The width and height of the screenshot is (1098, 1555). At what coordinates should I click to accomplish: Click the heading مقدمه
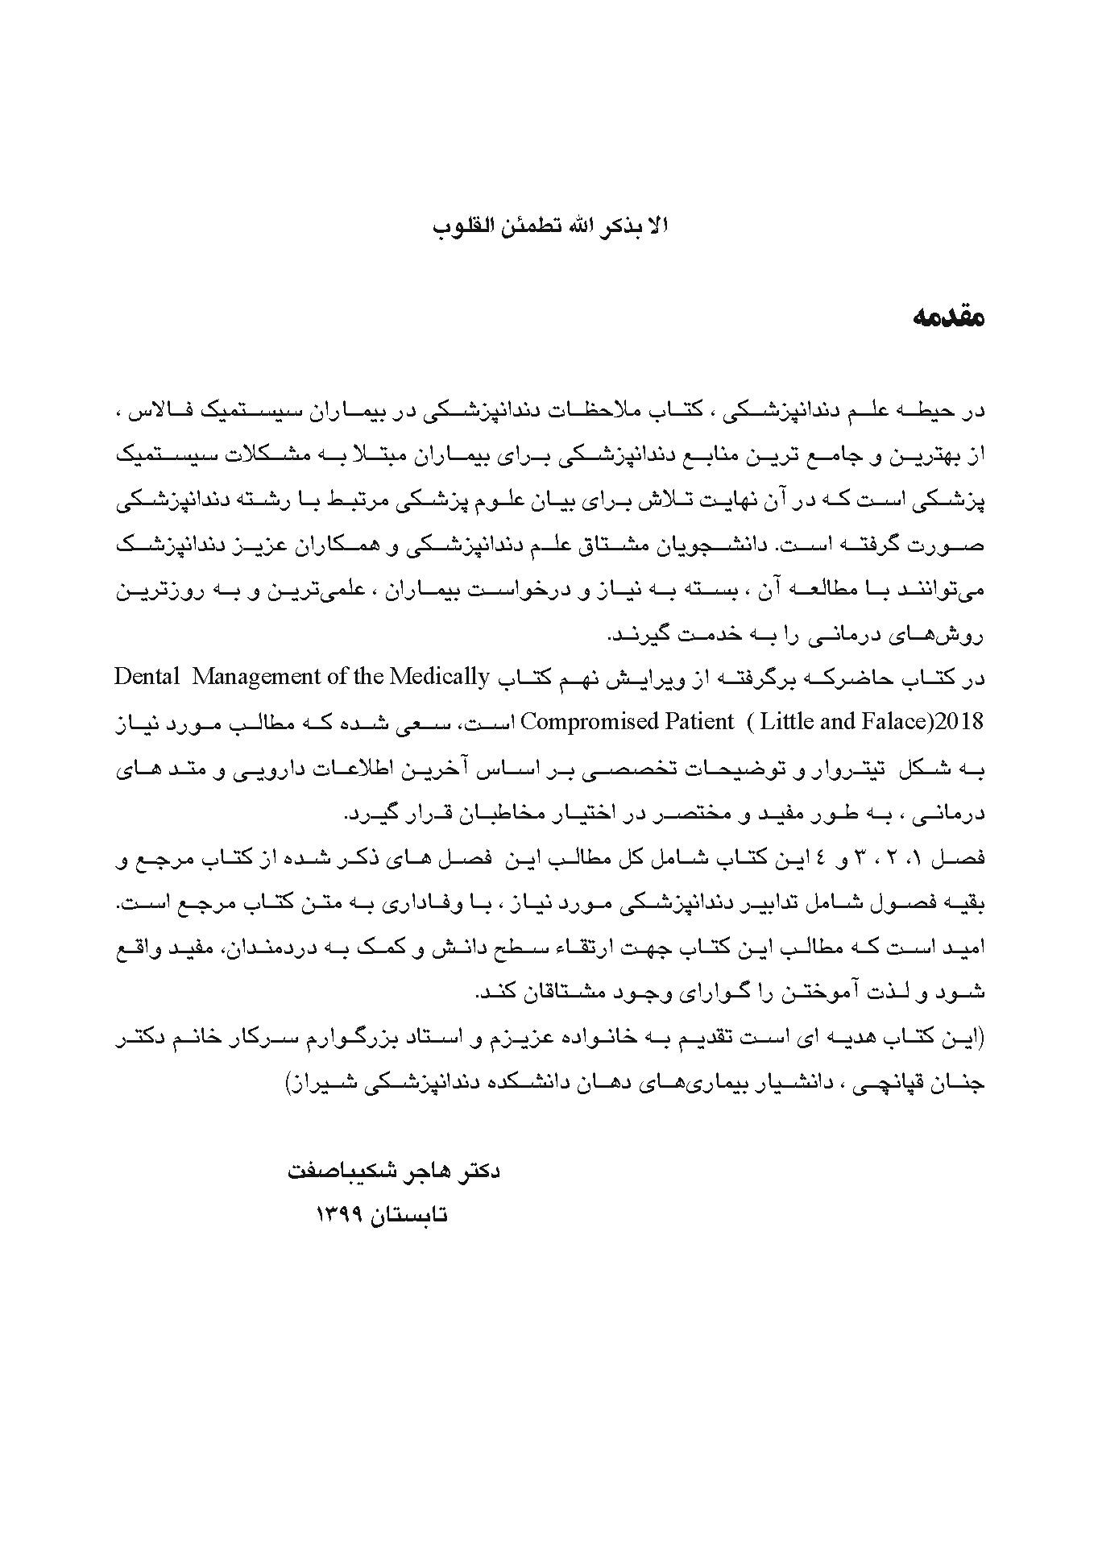click(x=948, y=317)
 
